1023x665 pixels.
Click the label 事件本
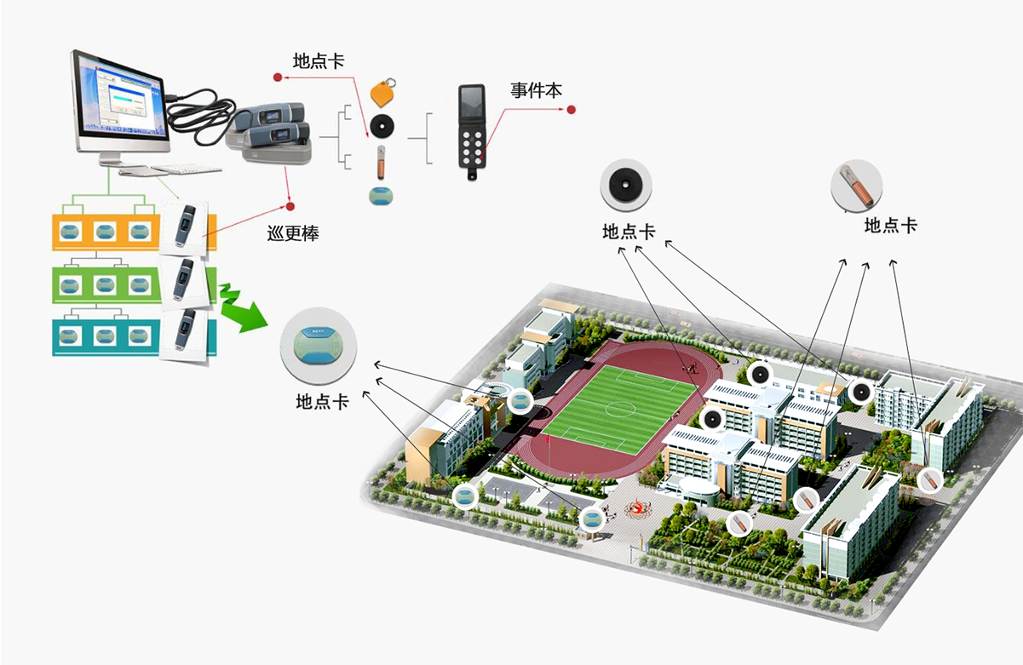536,90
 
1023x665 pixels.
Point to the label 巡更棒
293,232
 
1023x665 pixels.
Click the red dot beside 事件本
572,109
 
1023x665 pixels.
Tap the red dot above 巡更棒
290,206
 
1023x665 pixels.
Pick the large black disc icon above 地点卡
628,184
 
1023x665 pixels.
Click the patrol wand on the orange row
185,226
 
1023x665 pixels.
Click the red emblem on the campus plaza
636,508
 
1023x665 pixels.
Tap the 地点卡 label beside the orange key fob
319,61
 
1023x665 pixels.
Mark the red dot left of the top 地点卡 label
277,78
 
